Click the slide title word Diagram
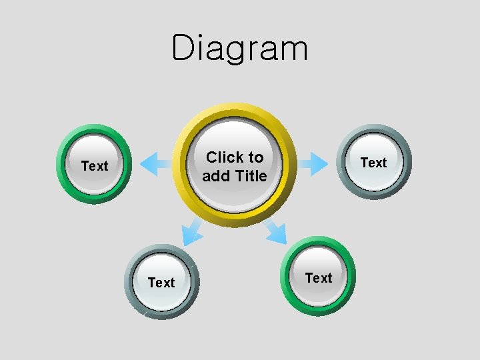pyautogui.click(x=240, y=49)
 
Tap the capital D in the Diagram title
pyautogui.click(x=183, y=48)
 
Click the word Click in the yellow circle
pyautogui.click(x=225, y=158)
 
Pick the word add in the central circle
pyautogui.click(x=215, y=176)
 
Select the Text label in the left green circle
pyautogui.click(x=94, y=166)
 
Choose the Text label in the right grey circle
pyautogui.click(x=373, y=163)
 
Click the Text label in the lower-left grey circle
pyautogui.click(x=161, y=283)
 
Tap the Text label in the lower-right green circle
pyautogui.click(x=319, y=278)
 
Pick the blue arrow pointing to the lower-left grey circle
pyautogui.click(x=192, y=231)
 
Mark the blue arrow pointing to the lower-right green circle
pyautogui.click(x=275, y=231)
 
